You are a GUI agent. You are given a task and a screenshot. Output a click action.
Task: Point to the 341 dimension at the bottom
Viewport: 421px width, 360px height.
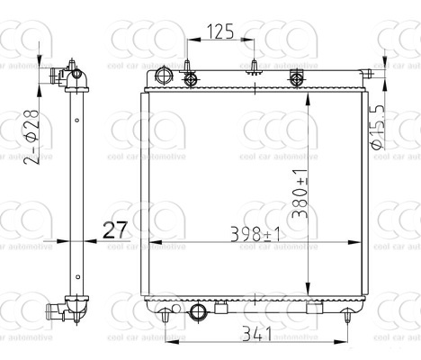[x=256, y=334]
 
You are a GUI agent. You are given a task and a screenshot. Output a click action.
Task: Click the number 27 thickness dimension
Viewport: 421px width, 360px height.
[x=114, y=229]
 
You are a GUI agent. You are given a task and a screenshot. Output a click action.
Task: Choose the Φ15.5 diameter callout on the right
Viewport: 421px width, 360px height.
[x=378, y=126]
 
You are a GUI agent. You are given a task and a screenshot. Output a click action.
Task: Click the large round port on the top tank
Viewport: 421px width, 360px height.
[x=163, y=74]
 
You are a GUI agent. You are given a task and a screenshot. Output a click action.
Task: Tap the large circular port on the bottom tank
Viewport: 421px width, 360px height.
[x=200, y=313]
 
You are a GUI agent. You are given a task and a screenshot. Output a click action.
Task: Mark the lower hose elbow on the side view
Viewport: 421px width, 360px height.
[x=64, y=311]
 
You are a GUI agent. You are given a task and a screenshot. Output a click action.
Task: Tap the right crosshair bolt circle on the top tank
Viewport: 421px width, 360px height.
[x=298, y=79]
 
